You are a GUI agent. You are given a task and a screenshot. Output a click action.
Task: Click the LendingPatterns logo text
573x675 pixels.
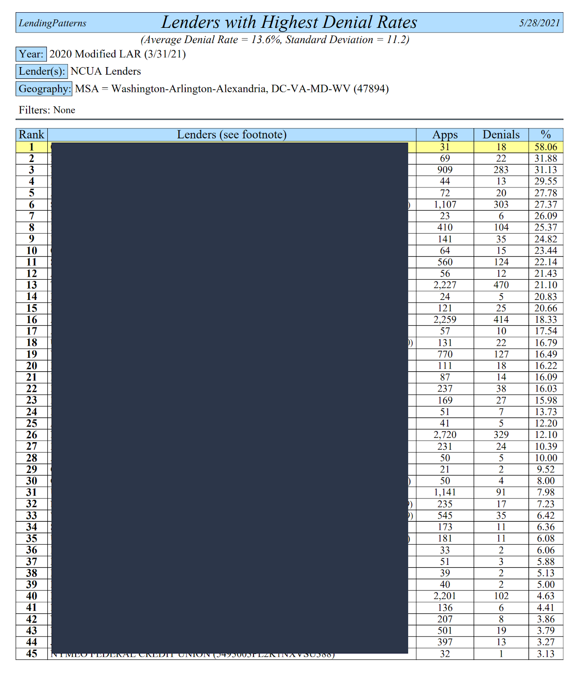point(52,23)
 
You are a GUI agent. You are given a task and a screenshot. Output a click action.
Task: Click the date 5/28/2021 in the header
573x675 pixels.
point(539,23)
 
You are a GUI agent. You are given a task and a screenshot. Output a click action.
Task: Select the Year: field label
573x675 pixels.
point(31,54)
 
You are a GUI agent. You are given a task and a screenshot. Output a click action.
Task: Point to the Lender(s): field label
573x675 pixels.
point(41,71)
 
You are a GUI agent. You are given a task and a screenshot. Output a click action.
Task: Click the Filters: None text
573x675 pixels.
point(47,110)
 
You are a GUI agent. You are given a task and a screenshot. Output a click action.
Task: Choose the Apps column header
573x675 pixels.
point(445,135)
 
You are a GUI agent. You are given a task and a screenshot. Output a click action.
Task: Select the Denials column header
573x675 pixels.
point(501,135)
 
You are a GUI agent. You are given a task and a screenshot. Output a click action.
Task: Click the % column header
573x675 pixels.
point(546,135)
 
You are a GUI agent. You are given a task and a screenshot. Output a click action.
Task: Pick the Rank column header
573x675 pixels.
point(32,135)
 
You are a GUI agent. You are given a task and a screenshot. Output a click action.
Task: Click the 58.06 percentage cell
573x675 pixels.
point(546,147)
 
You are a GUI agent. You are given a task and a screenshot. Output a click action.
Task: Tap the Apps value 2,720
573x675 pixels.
point(445,435)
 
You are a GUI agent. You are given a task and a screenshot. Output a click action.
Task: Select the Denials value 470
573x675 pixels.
point(501,285)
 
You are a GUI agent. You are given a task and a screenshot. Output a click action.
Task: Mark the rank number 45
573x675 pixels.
point(32,654)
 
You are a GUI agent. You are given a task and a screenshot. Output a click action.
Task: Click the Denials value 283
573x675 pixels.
point(501,170)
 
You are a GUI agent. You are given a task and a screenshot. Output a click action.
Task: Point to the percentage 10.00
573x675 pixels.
point(546,458)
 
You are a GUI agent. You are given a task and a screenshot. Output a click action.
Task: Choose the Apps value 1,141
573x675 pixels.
point(445,492)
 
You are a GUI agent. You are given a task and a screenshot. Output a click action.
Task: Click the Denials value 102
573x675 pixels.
point(501,596)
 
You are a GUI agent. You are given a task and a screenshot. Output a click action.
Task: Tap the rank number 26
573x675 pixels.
point(32,435)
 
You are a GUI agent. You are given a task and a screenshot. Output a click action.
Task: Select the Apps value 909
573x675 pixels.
point(445,170)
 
